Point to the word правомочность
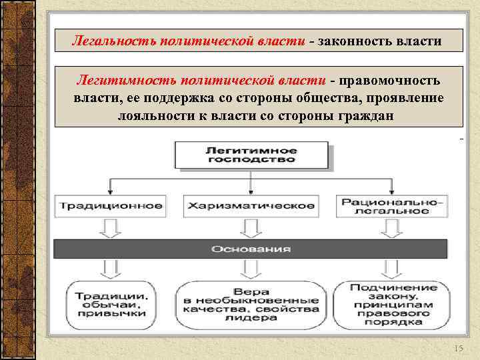(389, 81)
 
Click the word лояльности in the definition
(151, 114)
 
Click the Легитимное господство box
(251, 155)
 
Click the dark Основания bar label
(251, 249)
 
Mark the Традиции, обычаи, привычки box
(111, 305)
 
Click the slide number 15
(457, 349)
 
